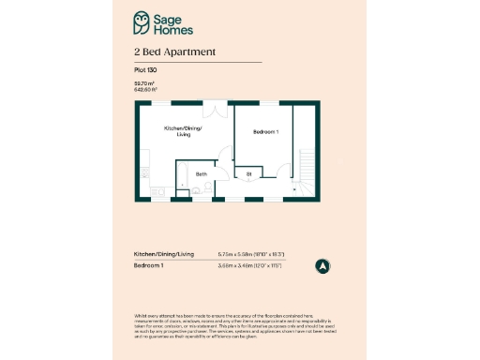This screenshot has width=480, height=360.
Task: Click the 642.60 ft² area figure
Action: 145,89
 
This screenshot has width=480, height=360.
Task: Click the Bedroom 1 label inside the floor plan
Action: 266,132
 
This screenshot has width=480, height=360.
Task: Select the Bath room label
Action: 202,174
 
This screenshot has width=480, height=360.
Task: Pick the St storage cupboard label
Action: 249,174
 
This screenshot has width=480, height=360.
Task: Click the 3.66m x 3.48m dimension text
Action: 250,267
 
